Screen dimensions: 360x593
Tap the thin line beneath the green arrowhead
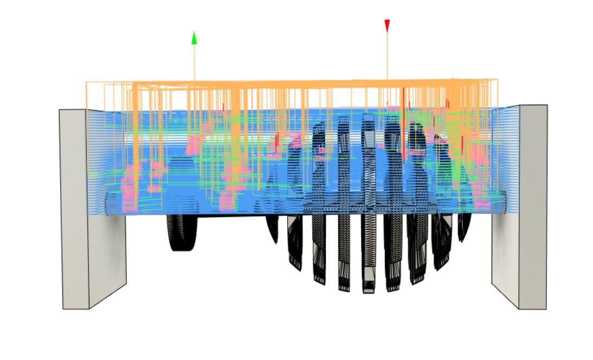[x=194, y=62]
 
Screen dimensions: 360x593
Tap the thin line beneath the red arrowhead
[x=387, y=54]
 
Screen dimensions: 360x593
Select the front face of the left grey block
[x=75, y=209]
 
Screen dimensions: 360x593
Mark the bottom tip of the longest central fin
[x=369, y=291]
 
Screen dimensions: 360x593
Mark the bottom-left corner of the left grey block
[x=63, y=309]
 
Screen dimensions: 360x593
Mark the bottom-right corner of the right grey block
[x=547, y=309]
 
